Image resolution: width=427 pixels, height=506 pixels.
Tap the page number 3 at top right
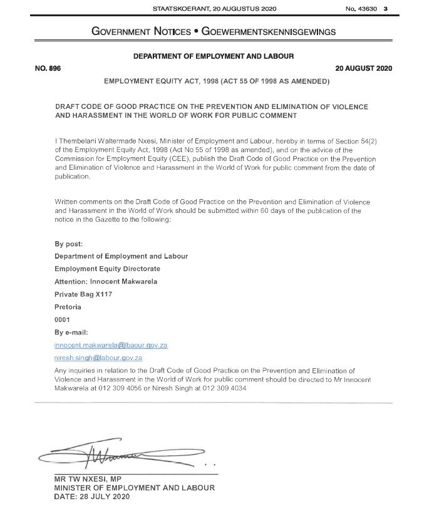click(x=386, y=8)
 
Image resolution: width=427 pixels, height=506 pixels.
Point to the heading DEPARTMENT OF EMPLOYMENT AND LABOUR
click(x=213, y=56)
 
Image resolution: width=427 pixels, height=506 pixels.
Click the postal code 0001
click(x=63, y=319)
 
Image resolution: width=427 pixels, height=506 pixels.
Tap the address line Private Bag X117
click(x=83, y=294)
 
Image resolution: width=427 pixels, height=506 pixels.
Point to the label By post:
click(x=69, y=244)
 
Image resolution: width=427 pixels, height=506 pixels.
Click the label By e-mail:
click(x=71, y=332)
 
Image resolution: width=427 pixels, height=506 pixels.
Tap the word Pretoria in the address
click(x=68, y=307)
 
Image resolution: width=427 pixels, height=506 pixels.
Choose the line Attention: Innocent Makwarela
click(x=106, y=281)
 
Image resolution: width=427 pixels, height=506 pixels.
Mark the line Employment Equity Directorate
click(x=107, y=269)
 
